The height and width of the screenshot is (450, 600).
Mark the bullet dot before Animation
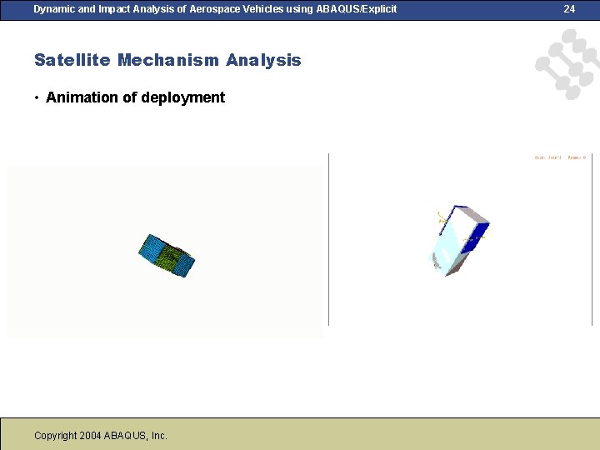click(x=37, y=98)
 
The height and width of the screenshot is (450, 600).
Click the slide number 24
click(x=569, y=9)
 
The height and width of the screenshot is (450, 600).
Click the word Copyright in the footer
click(x=56, y=435)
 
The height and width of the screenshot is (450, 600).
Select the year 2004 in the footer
click(x=90, y=435)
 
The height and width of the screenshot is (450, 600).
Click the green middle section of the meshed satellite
click(x=172, y=256)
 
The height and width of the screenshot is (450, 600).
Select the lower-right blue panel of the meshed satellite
click(x=188, y=266)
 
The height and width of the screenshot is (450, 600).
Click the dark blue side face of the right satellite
click(x=474, y=234)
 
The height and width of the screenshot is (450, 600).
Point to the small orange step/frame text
click(x=559, y=157)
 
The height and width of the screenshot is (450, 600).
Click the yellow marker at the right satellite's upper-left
click(x=438, y=217)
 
